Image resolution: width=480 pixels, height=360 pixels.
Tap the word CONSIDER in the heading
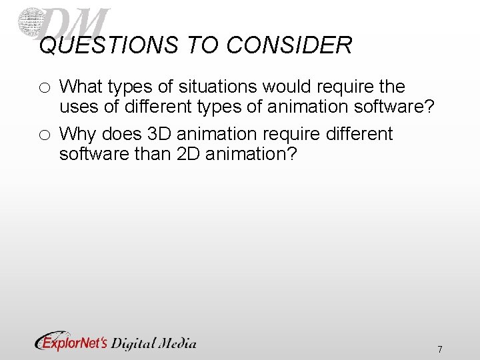[289, 45]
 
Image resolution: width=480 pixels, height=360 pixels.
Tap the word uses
[79, 107]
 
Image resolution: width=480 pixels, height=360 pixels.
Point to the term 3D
[159, 134]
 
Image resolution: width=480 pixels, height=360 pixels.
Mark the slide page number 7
[439, 349]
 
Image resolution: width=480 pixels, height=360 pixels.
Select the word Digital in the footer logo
[133, 343]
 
